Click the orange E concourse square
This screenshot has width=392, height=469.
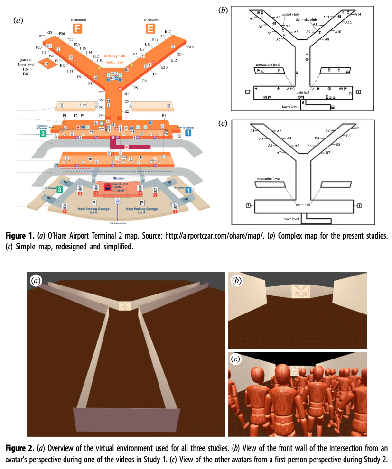pyautogui.click(x=150, y=29)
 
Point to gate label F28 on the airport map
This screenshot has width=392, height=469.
pyautogui.click(x=49, y=32)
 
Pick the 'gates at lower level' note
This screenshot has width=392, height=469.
pyautogui.click(x=25, y=63)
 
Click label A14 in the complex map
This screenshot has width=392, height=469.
pyautogui.click(x=358, y=14)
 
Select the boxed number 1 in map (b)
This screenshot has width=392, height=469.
pyautogui.click(x=359, y=92)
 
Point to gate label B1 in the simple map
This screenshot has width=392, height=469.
pyautogui.click(x=357, y=128)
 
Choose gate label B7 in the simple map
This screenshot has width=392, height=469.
pyautogui.click(x=327, y=153)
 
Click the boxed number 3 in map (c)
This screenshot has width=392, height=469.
pyautogui.click(x=248, y=205)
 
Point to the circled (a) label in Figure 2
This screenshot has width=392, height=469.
pyautogui.click(x=36, y=281)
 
